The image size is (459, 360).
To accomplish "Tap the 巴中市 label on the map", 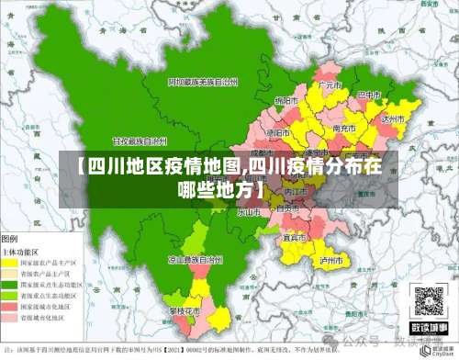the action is click(x=368, y=95).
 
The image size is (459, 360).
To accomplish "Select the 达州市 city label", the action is click(x=393, y=118).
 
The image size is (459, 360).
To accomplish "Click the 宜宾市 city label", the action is click(x=294, y=237).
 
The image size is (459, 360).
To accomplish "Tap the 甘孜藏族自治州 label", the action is click(x=140, y=142).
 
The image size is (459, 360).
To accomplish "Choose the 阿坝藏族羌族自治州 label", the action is click(x=201, y=82).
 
